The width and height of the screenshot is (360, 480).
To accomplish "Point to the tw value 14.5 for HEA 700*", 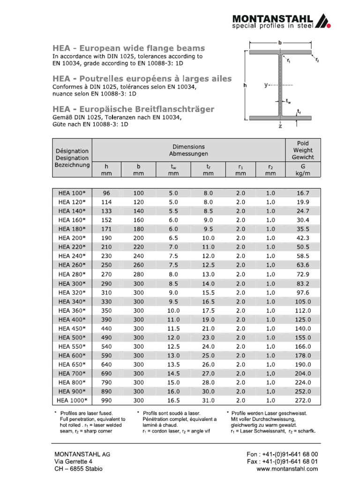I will coord(173,373).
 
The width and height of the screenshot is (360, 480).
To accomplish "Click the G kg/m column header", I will coord(303,169).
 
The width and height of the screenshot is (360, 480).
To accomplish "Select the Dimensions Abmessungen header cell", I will coord(188,150).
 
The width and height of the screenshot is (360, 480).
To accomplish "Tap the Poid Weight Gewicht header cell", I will coord(303,150).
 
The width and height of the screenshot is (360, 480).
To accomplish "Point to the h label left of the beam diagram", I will coord(245,86).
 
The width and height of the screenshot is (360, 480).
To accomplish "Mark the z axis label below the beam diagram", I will coord(280,126).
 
